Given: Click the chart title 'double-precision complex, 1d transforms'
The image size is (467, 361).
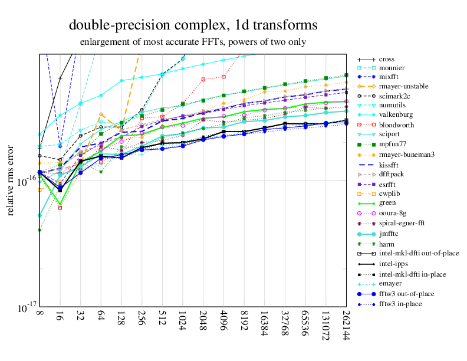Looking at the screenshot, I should click(193, 25).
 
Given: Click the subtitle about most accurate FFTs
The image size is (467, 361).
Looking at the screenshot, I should click(193, 42).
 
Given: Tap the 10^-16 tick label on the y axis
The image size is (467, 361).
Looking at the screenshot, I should click(23, 181).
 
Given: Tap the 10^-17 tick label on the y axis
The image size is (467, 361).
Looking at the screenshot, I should click(23, 307).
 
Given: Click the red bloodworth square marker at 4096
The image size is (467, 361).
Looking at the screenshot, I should click(223, 77).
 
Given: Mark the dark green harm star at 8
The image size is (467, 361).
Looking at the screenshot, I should click(40, 229).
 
